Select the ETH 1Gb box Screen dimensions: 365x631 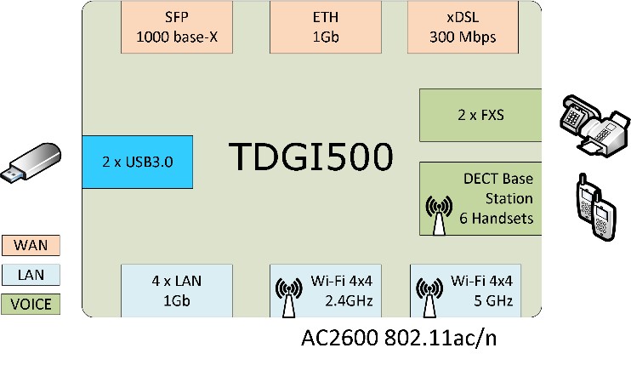(317, 28)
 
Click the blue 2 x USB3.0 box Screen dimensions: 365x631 (138, 161)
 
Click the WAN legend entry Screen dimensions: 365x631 (32, 246)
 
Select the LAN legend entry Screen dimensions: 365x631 (32, 275)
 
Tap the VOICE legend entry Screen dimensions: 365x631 (32, 304)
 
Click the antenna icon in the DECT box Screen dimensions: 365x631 (439, 215)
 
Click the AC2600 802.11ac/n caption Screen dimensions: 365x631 (399, 338)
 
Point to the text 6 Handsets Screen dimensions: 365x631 (497, 219)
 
